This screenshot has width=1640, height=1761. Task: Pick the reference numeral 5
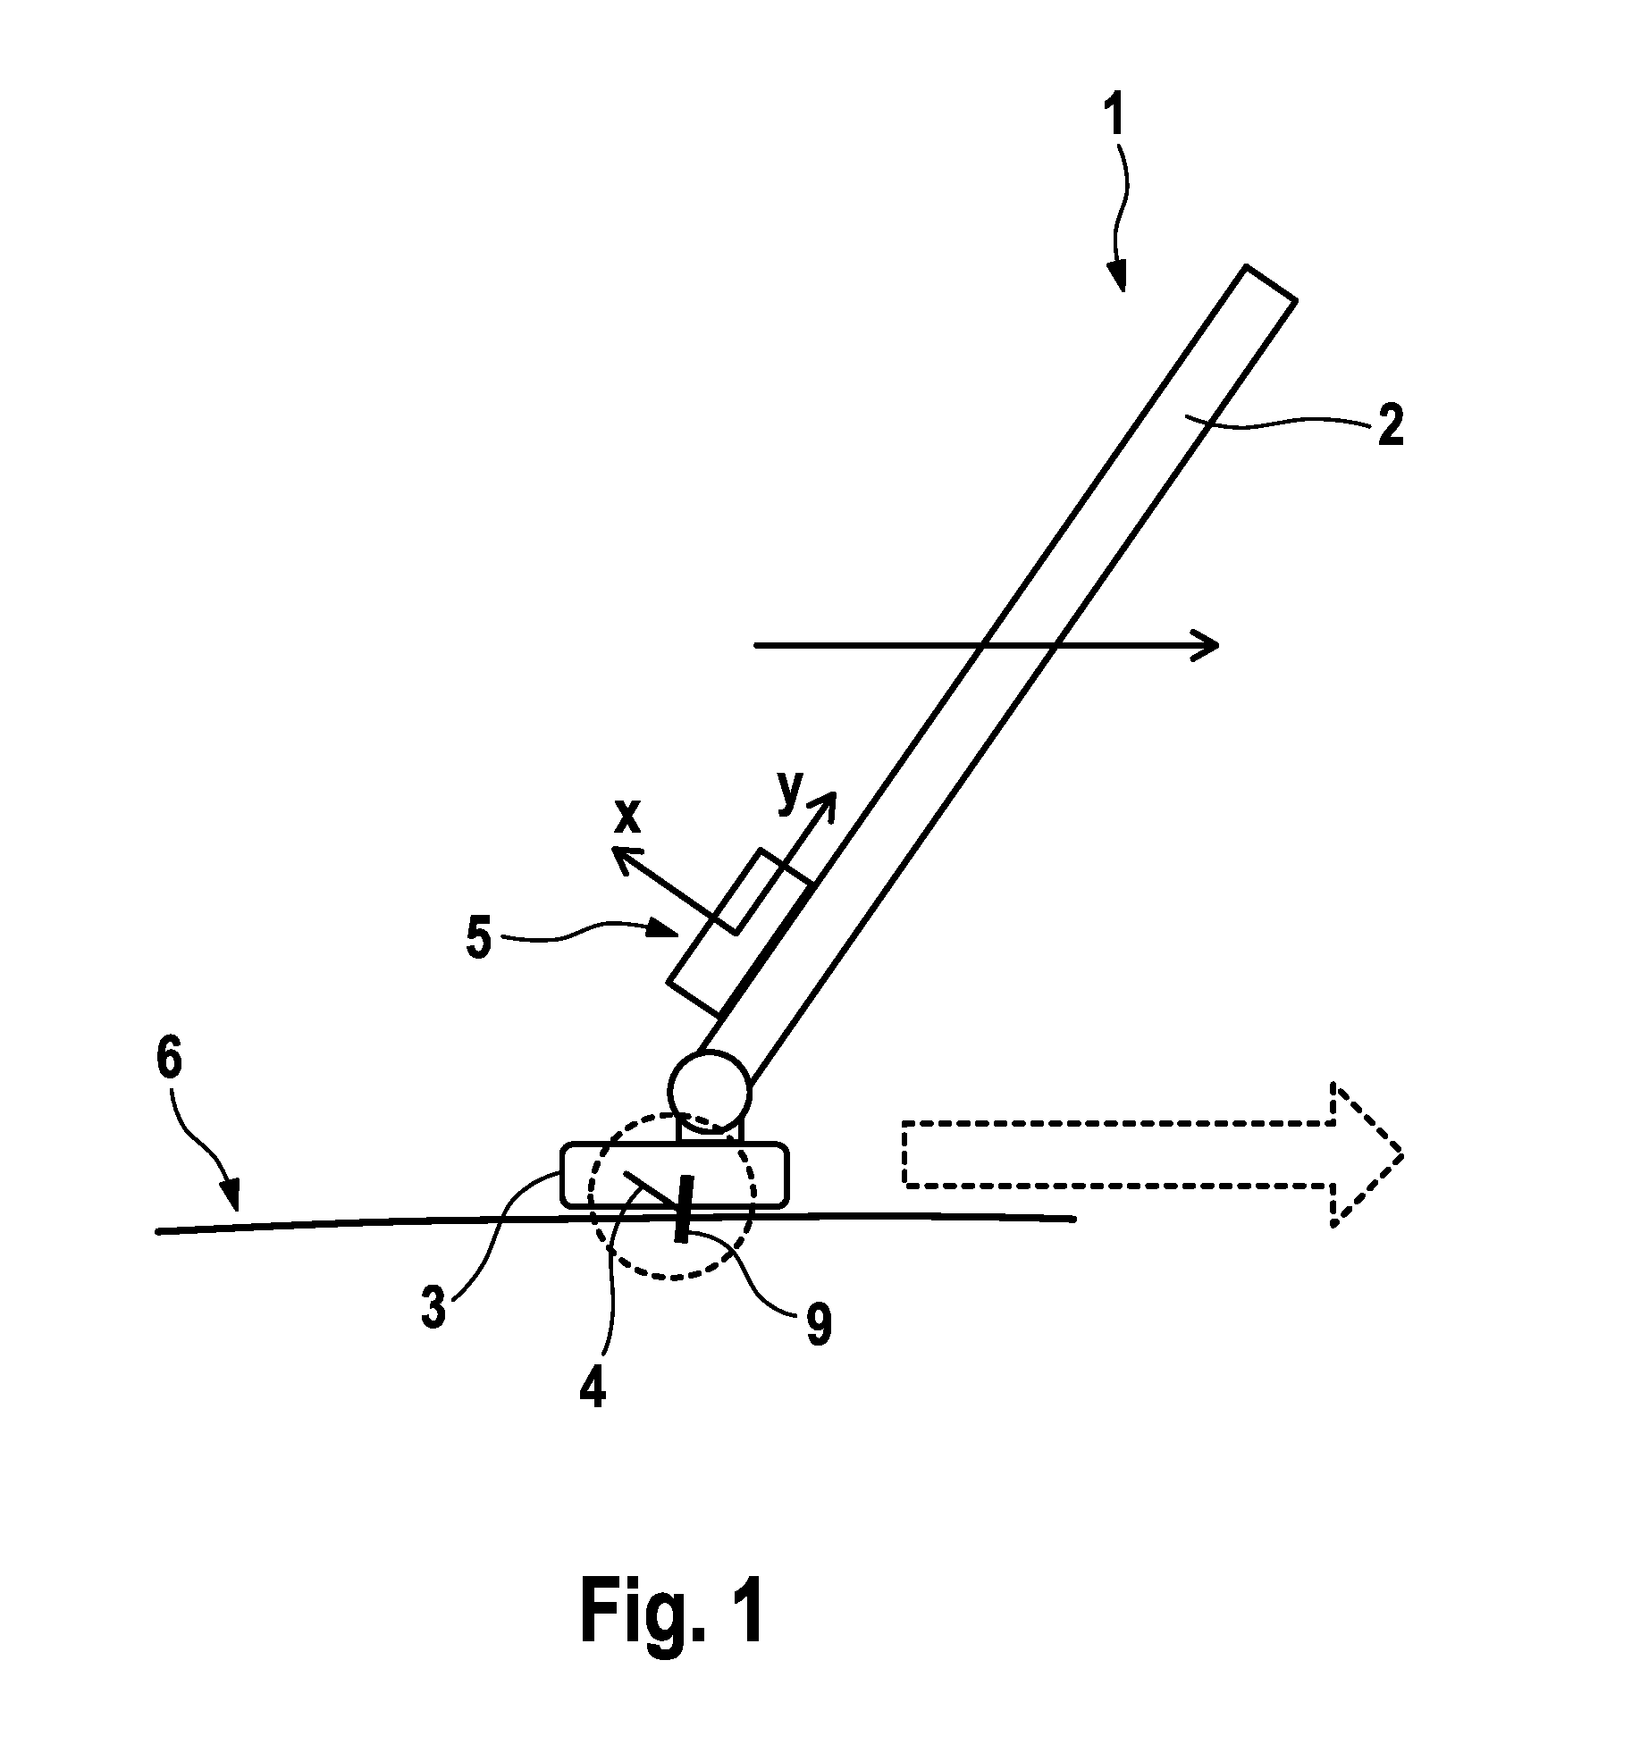(x=480, y=941)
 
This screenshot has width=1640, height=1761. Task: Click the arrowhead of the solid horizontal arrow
(x=1207, y=643)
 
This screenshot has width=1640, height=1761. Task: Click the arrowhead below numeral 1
(x=1117, y=275)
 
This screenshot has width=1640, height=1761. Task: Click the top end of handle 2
(x=1270, y=283)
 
